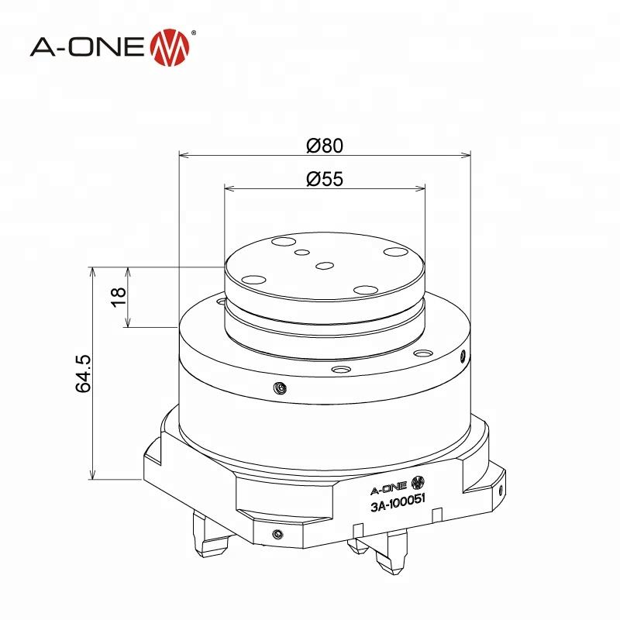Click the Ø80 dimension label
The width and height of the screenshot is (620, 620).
324,145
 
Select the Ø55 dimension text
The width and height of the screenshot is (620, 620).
324,179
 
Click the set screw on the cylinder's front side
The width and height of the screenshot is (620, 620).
280,387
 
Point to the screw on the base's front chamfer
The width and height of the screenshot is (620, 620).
277,533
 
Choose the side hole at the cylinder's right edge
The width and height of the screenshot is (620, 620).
463,357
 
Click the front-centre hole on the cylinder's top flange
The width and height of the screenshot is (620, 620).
339,370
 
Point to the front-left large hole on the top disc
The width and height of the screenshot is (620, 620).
252,280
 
